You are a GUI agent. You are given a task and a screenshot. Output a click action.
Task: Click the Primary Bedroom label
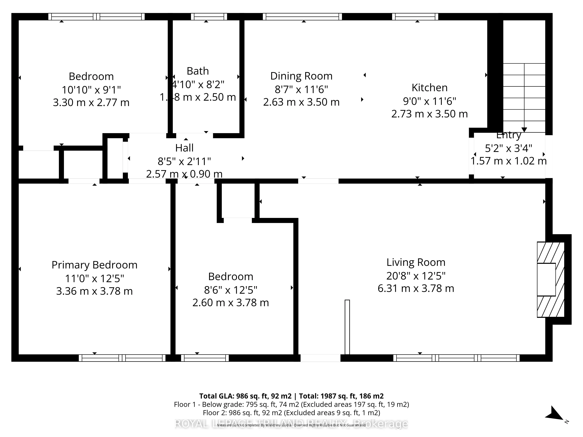(x=94, y=265)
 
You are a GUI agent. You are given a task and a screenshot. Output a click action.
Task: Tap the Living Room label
(x=416, y=262)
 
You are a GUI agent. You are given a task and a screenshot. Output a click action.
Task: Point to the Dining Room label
(x=301, y=76)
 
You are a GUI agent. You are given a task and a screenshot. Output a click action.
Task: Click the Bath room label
(x=198, y=71)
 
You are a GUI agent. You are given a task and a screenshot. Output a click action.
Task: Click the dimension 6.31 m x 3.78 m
(x=416, y=288)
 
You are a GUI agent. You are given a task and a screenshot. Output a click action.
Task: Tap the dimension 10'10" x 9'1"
(x=91, y=90)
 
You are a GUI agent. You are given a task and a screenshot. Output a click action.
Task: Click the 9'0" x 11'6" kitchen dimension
(x=429, y=101)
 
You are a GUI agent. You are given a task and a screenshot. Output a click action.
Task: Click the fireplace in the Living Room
(x=550, y=280)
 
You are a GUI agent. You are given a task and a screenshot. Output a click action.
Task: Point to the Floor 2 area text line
(x=291, y=413)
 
